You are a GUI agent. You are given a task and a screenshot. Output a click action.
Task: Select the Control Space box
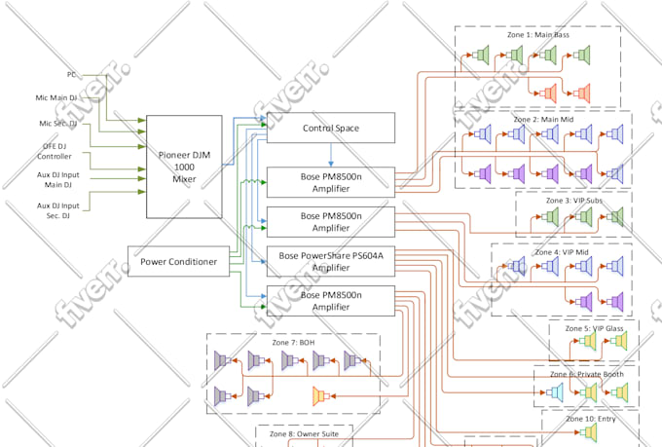click(x=331, y=128)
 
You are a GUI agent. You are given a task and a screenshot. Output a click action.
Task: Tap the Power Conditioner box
click(x=179, y=261)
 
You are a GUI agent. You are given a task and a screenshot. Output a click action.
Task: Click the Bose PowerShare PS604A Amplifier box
click(x=331, y=261)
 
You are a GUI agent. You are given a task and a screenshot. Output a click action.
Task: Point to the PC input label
click(x=72, y=74)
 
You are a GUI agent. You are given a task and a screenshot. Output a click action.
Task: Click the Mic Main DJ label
click(x=58, y=97)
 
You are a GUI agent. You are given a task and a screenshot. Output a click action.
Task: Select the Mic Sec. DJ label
click(x=58, y=123)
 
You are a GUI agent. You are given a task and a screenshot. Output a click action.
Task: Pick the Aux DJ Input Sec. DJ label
click(x=58, y=210)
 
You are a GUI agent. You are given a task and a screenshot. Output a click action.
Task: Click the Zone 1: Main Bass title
click(x=538, y=35)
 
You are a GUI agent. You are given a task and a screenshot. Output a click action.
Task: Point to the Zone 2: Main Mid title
click(x=542, y=119)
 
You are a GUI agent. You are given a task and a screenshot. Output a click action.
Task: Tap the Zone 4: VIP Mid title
click(x=562, y=252)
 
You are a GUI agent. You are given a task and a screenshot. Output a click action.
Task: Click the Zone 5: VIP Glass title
click(x=593, y=328)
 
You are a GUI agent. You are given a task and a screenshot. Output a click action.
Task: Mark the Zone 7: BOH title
click(x=293, y=343)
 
